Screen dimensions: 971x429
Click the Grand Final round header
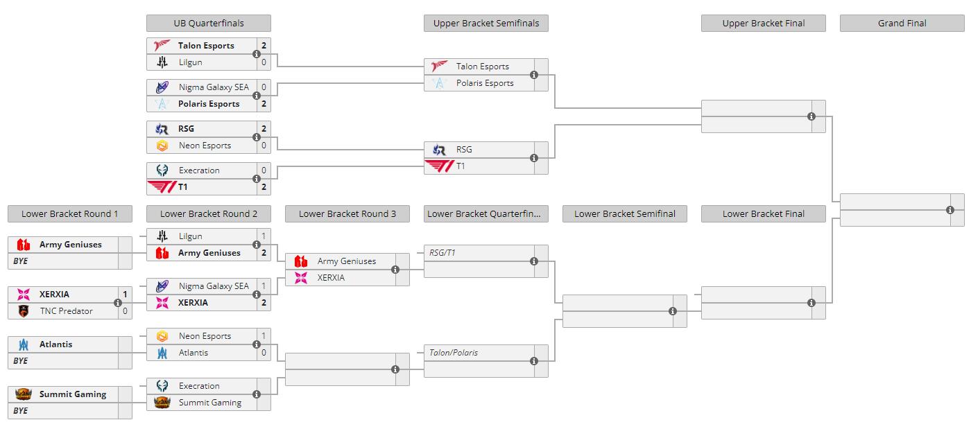[x=902, y=24]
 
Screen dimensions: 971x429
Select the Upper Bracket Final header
[x=764, y=24]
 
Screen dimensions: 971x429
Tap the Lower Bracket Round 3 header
[x=347, y=213]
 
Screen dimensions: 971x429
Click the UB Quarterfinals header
[x=209, y=24]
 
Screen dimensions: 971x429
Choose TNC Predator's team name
[x=67, y=310]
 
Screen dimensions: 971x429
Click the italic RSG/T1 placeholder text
[x=442, y=253]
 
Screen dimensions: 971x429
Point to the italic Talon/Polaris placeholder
[x=454, y=353]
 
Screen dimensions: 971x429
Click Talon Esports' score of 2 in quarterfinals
[x=264, y=46]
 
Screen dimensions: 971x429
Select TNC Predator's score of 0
[x=125, y=310]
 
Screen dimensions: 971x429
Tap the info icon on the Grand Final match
[x=950, y=210]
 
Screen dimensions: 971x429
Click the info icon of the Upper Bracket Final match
[x=811, y=116]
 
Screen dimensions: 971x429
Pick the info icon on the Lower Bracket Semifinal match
[x=673, y=311]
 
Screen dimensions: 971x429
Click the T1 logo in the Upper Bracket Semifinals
[x=439, y=166]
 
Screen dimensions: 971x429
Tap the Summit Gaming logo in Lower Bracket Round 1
[x=24, y=394]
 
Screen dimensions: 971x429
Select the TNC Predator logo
[x=24, y=310]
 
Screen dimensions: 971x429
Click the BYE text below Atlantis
[x=20, y=361]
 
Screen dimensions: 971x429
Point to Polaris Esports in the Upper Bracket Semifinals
[x=485, y=83]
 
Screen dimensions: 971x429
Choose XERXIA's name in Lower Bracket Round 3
[x=331, y=278]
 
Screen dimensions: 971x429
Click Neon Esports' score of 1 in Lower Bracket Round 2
[x=264, y=336]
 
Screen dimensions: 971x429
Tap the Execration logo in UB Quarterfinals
[x=162, y=170]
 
